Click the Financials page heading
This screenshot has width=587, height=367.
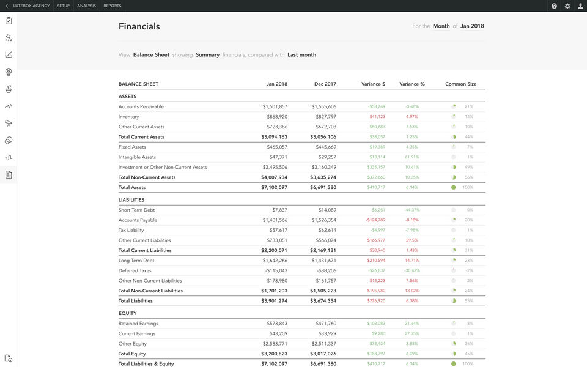139,26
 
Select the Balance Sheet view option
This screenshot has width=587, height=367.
151,55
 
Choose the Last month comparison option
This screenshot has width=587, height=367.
301,55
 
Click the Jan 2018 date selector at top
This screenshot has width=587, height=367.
472,26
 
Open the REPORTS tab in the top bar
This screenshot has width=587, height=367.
112,6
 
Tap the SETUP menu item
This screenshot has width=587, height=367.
63,6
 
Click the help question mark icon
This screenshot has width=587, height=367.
554,6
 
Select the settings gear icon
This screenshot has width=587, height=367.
567,6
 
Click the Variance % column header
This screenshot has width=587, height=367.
412,84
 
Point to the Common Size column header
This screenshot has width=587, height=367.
460,84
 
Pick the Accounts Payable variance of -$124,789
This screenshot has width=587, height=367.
375,220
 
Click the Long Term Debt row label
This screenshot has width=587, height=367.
136,261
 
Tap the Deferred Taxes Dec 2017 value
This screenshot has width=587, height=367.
324,270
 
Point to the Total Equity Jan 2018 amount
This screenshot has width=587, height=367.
274,354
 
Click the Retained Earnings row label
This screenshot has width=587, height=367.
138,324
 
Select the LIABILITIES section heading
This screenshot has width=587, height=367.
131,200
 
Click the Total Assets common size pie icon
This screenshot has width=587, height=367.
454,187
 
